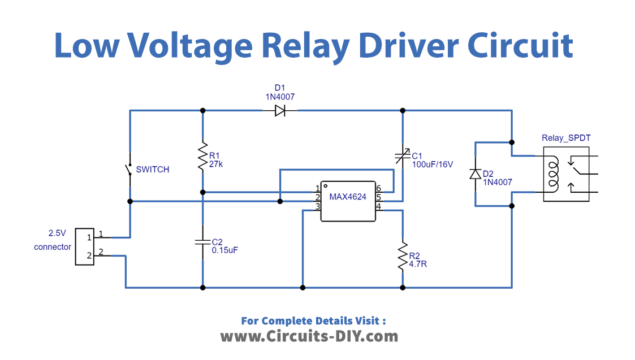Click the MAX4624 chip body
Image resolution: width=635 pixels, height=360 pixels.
pos(346,197)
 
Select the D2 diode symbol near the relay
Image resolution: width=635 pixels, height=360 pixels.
pos(474,174)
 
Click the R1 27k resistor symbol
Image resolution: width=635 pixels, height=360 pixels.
pos(202,155)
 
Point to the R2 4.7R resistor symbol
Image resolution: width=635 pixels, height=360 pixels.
pos(402,253)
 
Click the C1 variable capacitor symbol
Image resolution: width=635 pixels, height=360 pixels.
pos(402,155)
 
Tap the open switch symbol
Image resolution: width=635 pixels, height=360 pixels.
pos(129,173)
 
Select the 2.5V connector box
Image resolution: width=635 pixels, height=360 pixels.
pos(87,245)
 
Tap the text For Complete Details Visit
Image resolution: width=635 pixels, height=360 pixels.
pos(313,319)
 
